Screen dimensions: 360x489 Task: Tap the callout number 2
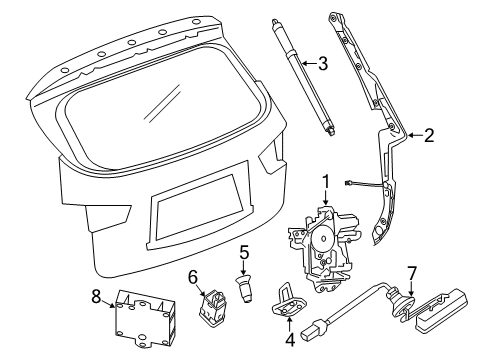429,134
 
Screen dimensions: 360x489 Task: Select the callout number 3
322,63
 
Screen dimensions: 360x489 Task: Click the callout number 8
96,296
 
